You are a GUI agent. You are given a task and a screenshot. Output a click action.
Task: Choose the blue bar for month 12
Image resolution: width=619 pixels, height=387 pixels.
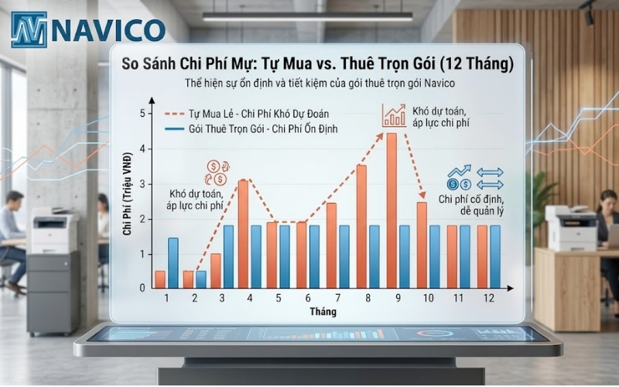(x=494, y=256)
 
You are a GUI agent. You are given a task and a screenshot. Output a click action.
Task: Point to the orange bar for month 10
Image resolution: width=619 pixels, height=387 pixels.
(x=422, y=245)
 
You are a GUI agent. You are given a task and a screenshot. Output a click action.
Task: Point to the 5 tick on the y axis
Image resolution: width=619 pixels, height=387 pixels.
(x=142, y=115)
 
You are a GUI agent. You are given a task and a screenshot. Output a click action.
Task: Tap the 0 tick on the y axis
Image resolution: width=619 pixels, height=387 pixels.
(x=142, y=287)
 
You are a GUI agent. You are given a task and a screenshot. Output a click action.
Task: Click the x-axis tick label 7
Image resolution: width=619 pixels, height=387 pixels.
(x=337, y=298)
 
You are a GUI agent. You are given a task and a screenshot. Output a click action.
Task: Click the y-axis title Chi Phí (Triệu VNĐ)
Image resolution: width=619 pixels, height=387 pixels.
(x=125, y=201)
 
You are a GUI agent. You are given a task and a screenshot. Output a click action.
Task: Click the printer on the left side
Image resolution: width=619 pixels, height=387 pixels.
(x=54, y=232)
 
